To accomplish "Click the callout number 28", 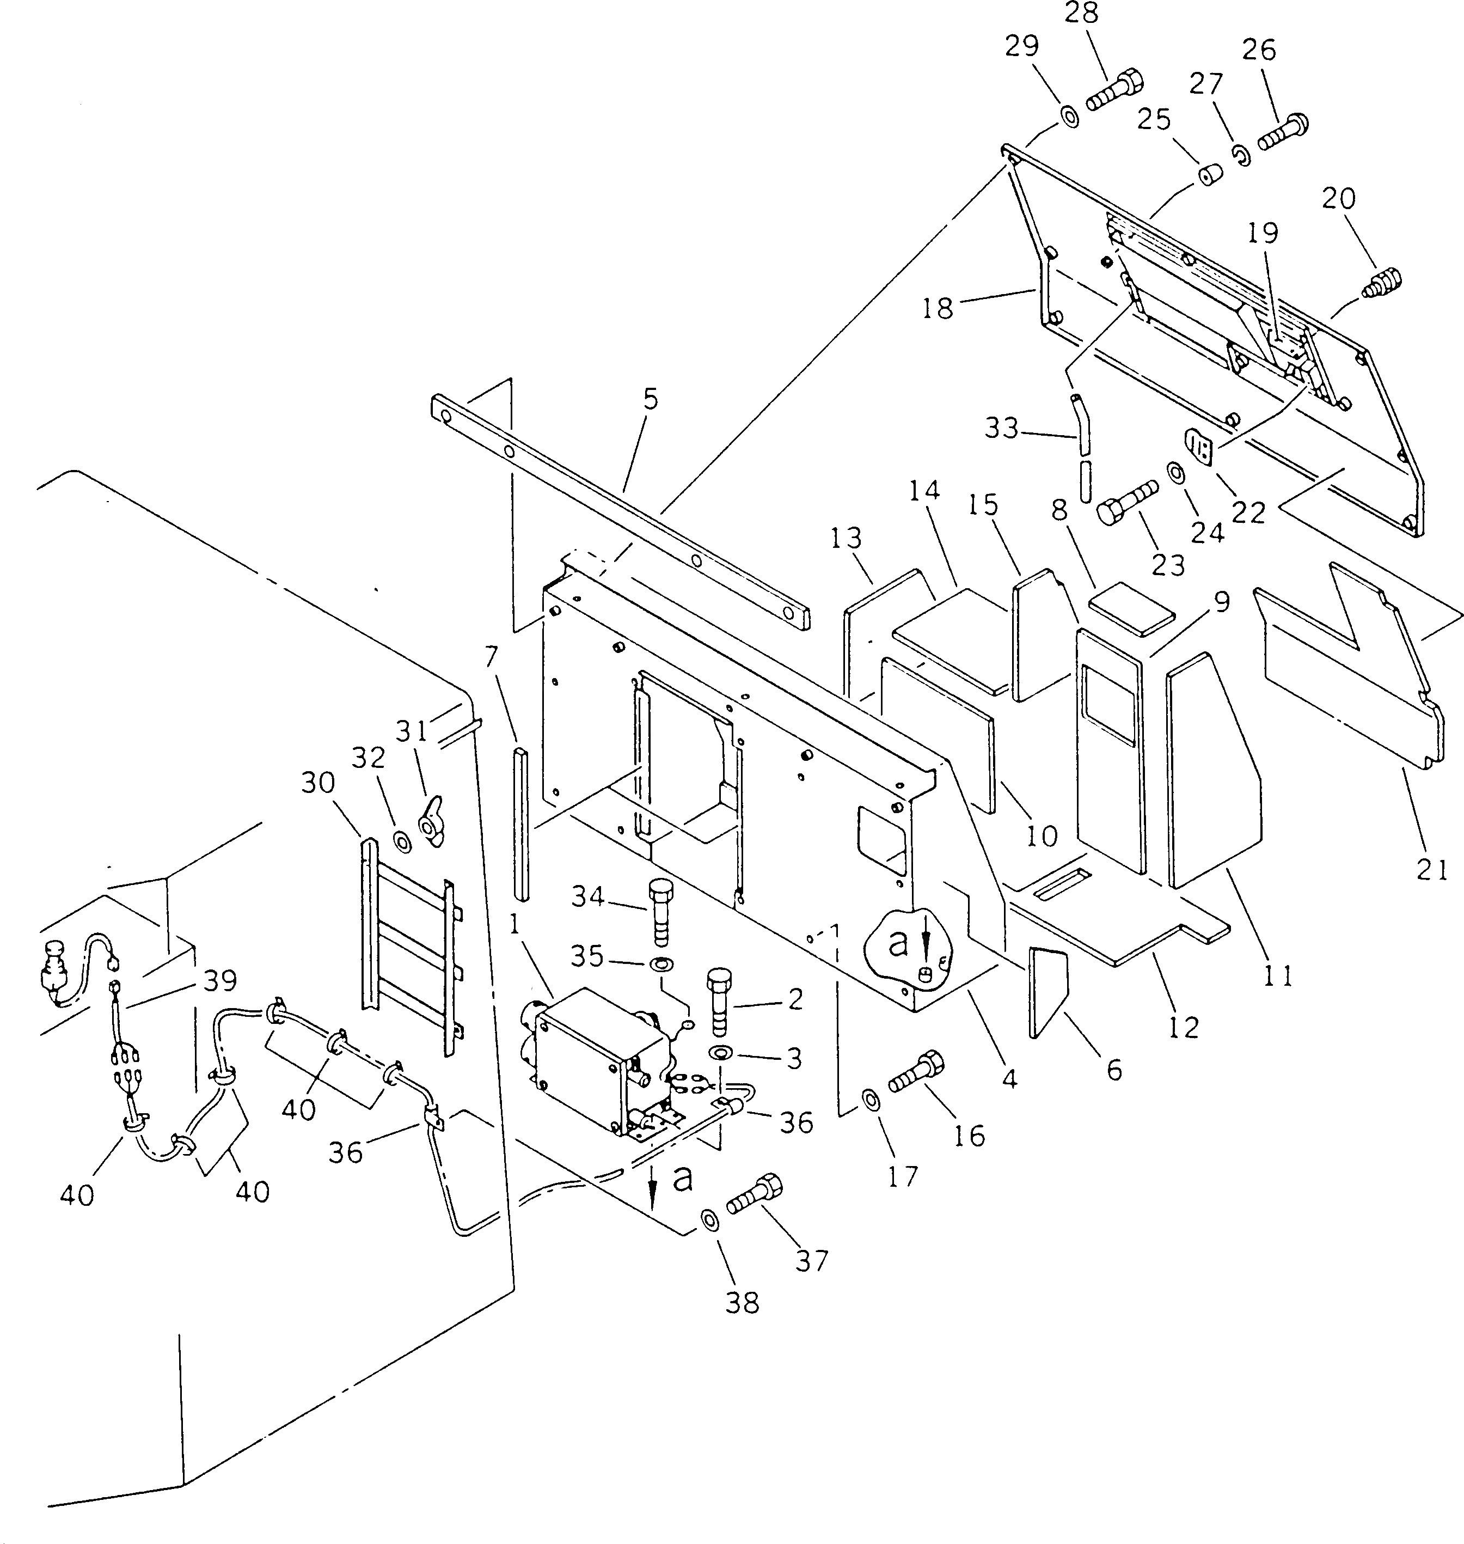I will (x=1081, y=15).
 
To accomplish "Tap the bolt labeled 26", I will (x=1282, y=131).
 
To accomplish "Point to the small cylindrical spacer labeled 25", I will (x=1210, y=175).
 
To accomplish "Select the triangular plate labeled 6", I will (x=1046, y=989).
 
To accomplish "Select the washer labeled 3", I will (x=720, y=1054).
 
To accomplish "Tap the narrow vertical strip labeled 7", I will (x=520, y=823).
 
